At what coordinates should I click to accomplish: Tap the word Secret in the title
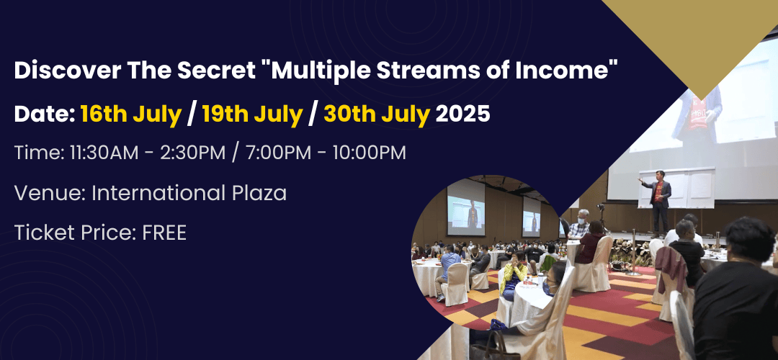221,71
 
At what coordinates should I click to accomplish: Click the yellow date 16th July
131,114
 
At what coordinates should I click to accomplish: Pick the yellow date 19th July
253,114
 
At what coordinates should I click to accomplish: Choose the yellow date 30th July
377,114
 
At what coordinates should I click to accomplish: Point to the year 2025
462,114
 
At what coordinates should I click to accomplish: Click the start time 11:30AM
104,153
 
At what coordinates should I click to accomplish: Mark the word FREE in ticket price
164,233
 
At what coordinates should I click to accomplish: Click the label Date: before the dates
44,114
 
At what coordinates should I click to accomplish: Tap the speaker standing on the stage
658,201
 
